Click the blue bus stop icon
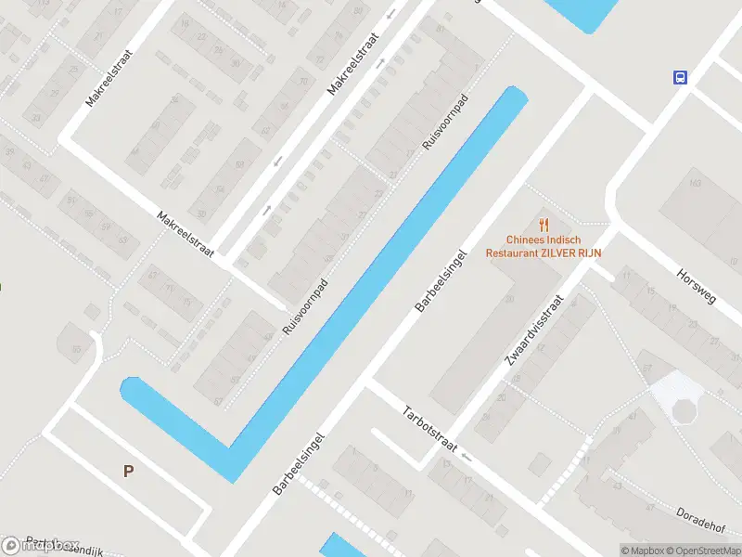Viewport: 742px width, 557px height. click(680, 78)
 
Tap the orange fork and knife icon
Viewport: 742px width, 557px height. click(544, 224)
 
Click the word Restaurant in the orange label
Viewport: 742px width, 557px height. click(513, 252)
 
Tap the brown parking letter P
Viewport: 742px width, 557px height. click(128, 471)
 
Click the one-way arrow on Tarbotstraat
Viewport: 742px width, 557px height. click(466, 458)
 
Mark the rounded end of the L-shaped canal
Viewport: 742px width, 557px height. click(129, 388)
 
